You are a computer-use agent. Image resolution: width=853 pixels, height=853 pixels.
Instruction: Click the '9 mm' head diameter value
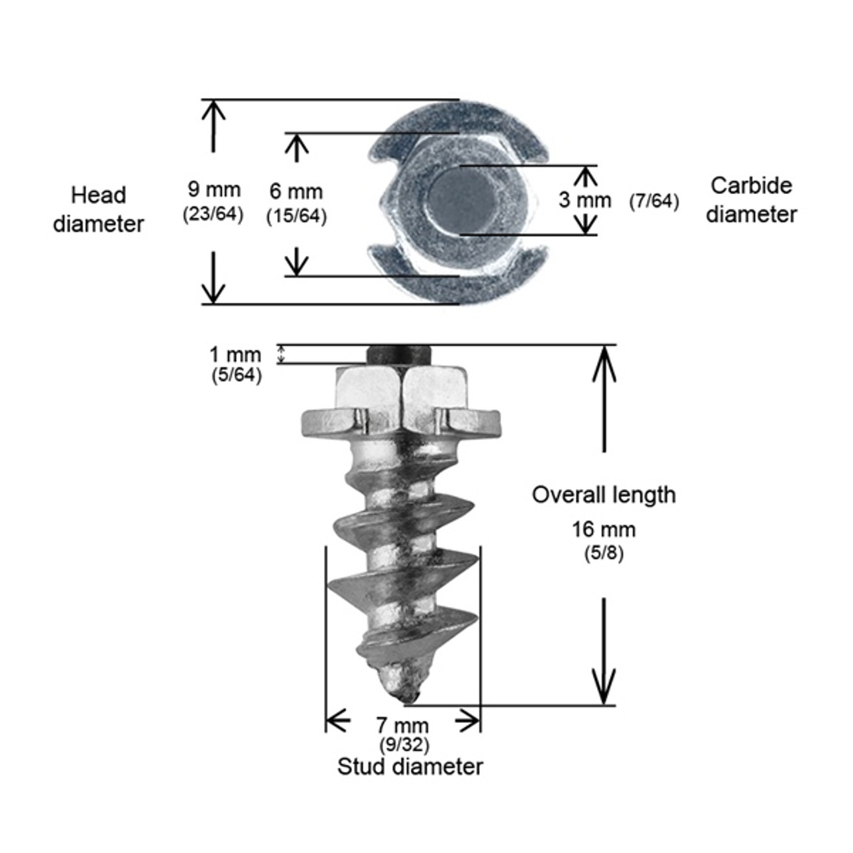point(213,189)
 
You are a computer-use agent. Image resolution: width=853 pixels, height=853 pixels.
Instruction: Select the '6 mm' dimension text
point(296,192)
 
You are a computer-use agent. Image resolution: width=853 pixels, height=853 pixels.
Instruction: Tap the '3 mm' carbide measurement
point(584,199)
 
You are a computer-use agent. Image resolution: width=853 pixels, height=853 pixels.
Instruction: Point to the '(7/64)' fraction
point(654,201)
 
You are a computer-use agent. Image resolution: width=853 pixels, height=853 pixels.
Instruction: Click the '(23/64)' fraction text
point(213,214)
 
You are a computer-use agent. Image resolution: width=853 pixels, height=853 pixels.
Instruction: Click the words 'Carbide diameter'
point(752,199)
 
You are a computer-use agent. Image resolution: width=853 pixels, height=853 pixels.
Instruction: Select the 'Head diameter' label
point(99,209)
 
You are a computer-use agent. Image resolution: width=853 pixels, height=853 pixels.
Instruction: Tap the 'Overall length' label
point(603,494)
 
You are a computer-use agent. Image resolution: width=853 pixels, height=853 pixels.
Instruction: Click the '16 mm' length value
point(603,530)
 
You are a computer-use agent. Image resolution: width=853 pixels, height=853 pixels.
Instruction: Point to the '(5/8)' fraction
point(603,553)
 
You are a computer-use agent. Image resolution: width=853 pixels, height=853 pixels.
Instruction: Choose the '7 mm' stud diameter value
point(402,724)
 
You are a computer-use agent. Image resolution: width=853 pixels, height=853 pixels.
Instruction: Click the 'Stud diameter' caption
point(410,766)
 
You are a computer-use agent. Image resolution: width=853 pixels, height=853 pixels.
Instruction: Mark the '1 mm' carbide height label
point(235,354)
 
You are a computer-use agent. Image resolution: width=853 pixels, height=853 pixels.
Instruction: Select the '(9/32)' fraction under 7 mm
point(404,744)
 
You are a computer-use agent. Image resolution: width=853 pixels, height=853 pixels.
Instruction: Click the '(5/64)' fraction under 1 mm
point(236,375)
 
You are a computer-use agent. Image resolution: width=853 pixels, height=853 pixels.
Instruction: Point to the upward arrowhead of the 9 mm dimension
point(213,110)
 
